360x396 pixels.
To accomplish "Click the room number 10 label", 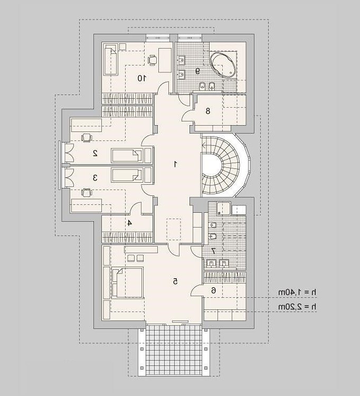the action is (x=141, y=78).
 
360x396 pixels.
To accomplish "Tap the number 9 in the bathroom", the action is (x=197, y=71).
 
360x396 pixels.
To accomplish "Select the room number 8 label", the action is (x=208, y=111).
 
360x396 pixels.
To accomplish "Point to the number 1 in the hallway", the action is (x=175, y=164).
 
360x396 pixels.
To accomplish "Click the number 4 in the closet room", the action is (x=129, y=223).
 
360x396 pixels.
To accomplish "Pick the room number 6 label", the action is (x=213, y=291).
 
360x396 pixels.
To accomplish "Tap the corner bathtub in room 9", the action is (x=223, y=65).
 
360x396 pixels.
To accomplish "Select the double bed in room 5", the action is (x=128, y=282).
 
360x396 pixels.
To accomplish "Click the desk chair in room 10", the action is (x=152, y=60).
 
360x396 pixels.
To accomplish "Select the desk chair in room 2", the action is (x=87, y=138).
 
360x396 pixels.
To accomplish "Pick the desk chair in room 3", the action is (x=87, y=193).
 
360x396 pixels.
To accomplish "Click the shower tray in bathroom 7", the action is (x=223, y=209).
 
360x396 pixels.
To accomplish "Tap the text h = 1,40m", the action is (x=297, y=293).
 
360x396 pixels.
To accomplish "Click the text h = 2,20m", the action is (x=297, y=307).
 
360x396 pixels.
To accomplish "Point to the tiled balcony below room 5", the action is (x=174, y=350).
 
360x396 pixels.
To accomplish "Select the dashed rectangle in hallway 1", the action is (x=174, y=229).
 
